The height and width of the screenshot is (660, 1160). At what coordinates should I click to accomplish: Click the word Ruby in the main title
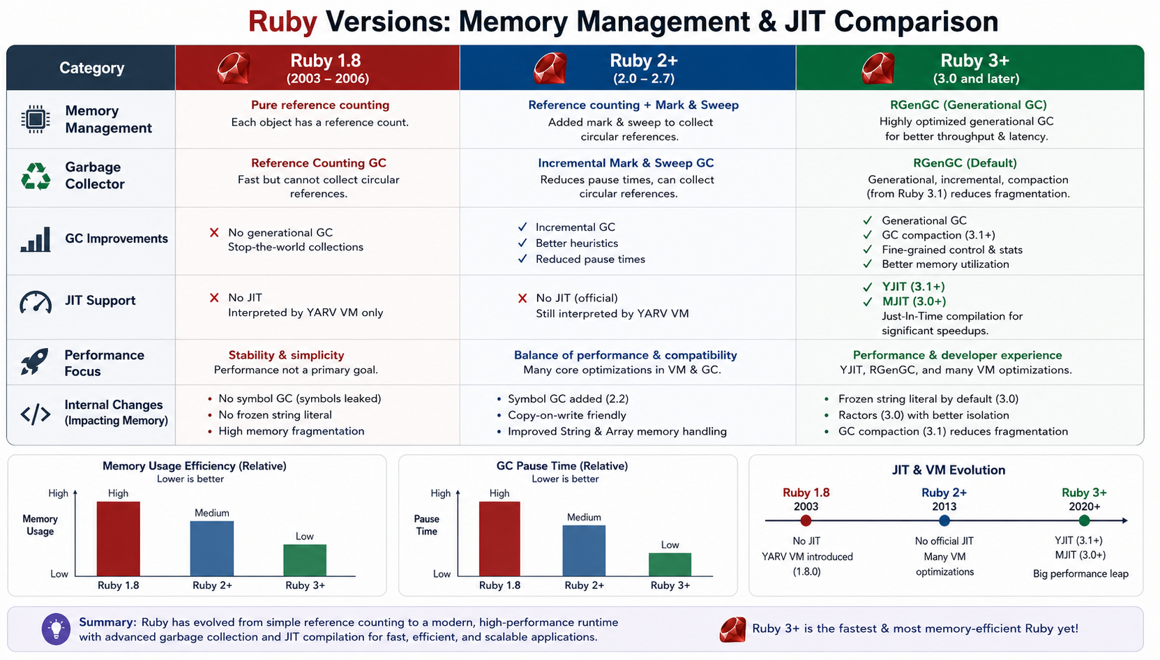click(x=283, y=22)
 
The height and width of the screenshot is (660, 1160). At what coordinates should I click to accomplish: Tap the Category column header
click(x=91, y=68)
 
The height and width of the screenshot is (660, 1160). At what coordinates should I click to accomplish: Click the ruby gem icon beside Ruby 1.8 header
click(x=234, y=68)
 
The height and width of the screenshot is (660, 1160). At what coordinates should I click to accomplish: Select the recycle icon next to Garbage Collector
click(x=36, y=176)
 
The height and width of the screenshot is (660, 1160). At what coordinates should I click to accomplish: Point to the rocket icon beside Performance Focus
click(x=35, y=361)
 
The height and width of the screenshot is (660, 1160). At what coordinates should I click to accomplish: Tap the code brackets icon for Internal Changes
click(x=35, y=414)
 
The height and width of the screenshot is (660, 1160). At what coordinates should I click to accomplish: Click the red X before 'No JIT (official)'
click(x=522, y=299)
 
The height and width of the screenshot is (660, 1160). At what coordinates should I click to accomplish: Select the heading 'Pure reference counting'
click(x=320, y=105)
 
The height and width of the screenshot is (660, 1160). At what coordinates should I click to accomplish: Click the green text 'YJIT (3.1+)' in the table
click(x=914, y=287)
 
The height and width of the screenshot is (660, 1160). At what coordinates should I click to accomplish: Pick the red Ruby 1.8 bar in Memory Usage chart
click(x=118, y=539)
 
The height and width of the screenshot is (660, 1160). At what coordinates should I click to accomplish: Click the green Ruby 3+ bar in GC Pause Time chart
click(x=670, y=564)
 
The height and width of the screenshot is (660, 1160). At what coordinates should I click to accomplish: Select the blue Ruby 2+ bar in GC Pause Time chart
click(x=584, y=550)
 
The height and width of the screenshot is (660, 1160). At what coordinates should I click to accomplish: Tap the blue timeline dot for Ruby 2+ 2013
click(x=944, y=520)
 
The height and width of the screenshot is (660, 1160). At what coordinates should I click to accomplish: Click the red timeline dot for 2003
click(x=806, y=520)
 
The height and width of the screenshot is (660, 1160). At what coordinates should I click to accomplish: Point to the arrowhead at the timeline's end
click(x=1125, y=520)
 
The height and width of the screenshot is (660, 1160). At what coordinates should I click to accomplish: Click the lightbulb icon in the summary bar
click(x=56, y=629)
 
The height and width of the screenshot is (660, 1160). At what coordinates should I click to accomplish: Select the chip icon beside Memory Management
click(x=36, y=119)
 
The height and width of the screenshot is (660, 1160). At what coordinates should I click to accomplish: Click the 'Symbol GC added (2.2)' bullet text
click(x=568, y=399)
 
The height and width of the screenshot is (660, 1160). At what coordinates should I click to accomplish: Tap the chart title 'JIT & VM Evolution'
click(x=948, y=470)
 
